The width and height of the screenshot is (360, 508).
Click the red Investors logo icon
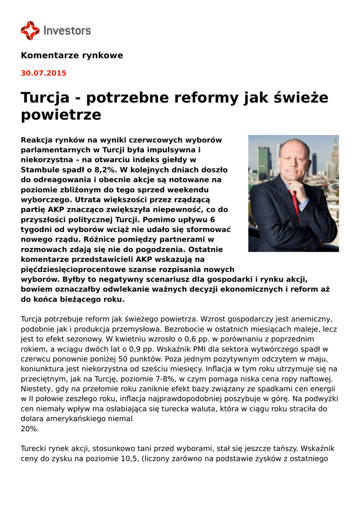click(x=30, y=30)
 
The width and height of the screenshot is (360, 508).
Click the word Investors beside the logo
click(x=67, y=31)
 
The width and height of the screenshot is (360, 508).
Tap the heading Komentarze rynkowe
click(x=72, y=55)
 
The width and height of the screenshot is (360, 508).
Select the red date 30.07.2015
click(x=43, y=73)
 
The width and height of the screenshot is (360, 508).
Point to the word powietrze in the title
click(x=61, y=115)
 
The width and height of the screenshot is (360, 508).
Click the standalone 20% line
click(x=29, y=429)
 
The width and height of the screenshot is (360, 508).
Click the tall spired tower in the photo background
click(x=333, y=154)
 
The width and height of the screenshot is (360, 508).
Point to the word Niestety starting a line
click(x=36, y=388)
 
